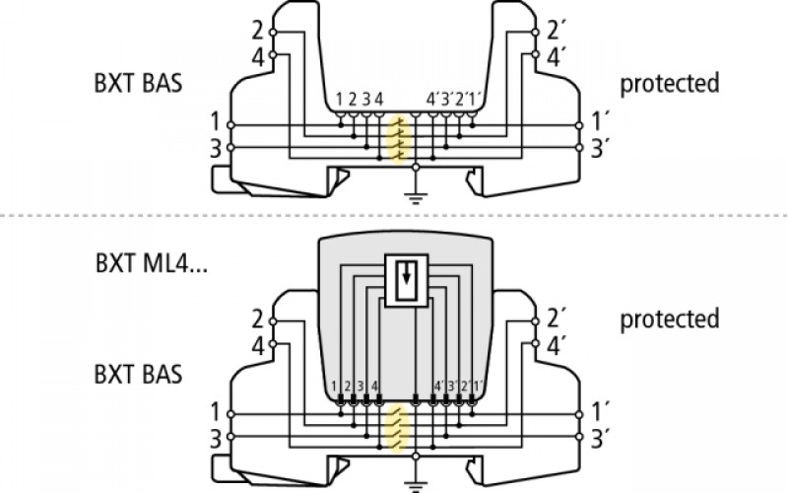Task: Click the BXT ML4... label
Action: tap(152, 263)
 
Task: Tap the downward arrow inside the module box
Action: tap(407, 274)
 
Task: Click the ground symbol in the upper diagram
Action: tap(415, 198)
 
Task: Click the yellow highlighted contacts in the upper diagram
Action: tap(399, 140)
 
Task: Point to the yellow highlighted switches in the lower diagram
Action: tap(399, 429)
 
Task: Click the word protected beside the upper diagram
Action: tap(670, 84)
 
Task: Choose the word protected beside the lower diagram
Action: tap(670, 319)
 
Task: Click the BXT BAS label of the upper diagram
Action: tap(138, 83)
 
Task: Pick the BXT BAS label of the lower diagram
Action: tap(138, 375)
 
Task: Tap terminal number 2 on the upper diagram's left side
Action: tap(257, 32)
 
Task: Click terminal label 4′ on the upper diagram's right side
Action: tap(554, 57)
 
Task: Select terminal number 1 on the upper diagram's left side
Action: tap(215, 122)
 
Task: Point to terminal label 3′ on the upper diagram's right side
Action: tap(598, 149)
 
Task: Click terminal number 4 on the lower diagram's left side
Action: tap(257, 346)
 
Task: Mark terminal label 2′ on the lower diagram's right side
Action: tap(554, 319)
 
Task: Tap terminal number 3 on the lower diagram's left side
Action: tap(215, 439)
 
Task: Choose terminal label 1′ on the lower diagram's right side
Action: tap(598, 412)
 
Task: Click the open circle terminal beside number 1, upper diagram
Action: tap(230, 125)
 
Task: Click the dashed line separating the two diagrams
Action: tap(394, 216)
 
